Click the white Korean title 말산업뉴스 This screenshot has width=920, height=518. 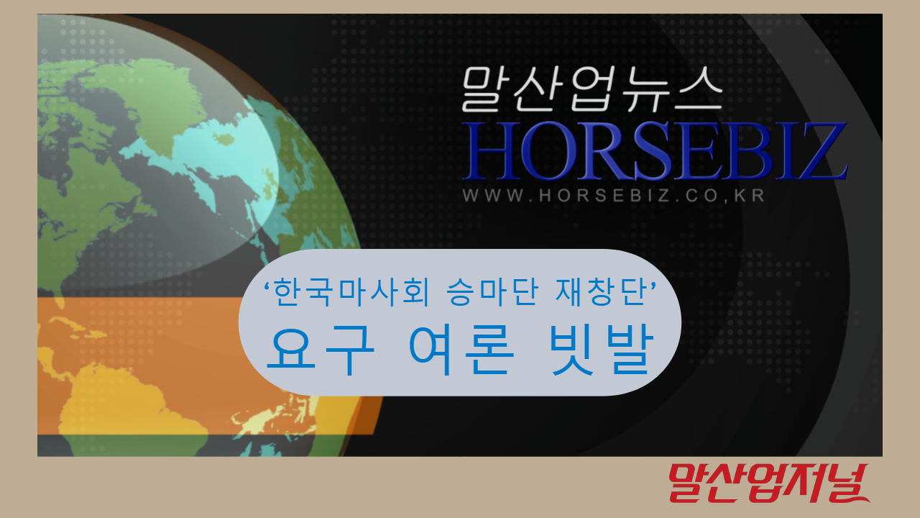pyautogui.click(x=592, y=89)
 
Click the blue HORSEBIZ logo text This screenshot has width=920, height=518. pyautogui.click(x=655, y=151)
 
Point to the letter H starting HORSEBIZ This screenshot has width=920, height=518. pyautogui.click(x=489, y=151)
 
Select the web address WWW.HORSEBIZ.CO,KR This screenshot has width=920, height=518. pyautogui.click(x=614, y=195)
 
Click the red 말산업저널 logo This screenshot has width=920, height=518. pyautogui.click(x=768, y=483)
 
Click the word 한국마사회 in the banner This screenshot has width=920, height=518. pyautogui.click(x=351, y=292)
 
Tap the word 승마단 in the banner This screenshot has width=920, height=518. pyautogui.click(x=492, y=292)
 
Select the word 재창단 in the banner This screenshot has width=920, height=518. pyautogui.click(x=600, y=292)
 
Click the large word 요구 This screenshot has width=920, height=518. pyautogui.click(x=321, y=350)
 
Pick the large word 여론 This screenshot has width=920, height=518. pyautogui.click(x=461, y=350)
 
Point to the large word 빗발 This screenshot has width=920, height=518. pyautogui.click(x=602, y=350)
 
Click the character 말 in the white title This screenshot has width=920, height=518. pyautogui.click(x=484, y=89)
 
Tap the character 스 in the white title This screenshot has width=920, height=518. pyautogui.click(x=698, y=88)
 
